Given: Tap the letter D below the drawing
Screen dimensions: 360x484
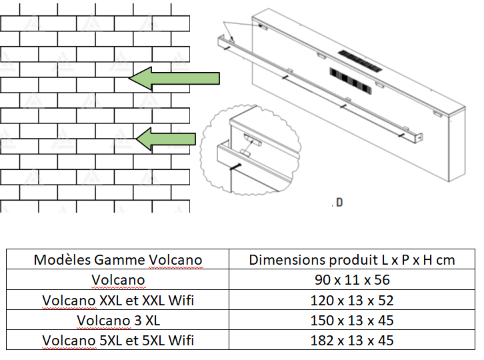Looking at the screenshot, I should [339, 202].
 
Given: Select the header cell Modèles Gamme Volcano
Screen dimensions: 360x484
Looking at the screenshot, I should [118, 260].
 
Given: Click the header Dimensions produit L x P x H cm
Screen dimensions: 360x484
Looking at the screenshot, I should [352, 260].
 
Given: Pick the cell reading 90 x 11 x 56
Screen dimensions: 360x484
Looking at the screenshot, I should [352, 280].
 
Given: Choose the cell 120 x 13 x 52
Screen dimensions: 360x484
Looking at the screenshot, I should [352, 300].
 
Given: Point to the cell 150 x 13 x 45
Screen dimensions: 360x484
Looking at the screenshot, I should [352, 321].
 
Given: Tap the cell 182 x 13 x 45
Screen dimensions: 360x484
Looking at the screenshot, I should [352, 341].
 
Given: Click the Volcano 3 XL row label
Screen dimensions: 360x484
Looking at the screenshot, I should [118, 321].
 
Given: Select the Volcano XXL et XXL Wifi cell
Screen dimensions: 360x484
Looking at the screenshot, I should [118, 300].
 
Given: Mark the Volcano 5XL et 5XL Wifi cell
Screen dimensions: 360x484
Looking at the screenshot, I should [118, 341].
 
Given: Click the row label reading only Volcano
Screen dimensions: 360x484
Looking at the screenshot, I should [118, 280].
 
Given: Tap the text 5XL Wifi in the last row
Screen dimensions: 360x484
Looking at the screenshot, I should [166, 341].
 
